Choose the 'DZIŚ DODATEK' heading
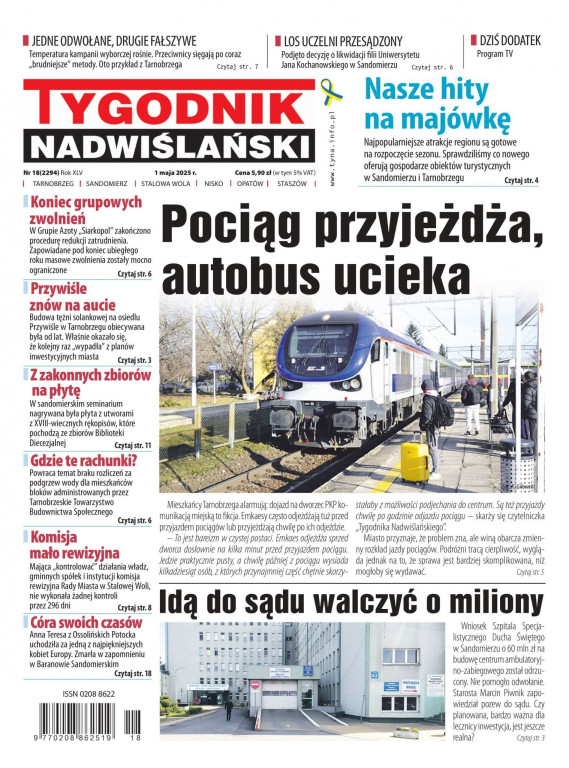(508, 40)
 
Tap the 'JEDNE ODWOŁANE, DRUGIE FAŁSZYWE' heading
(125, 41)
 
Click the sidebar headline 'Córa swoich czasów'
(85, 622)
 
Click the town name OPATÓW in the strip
(250, 184)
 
